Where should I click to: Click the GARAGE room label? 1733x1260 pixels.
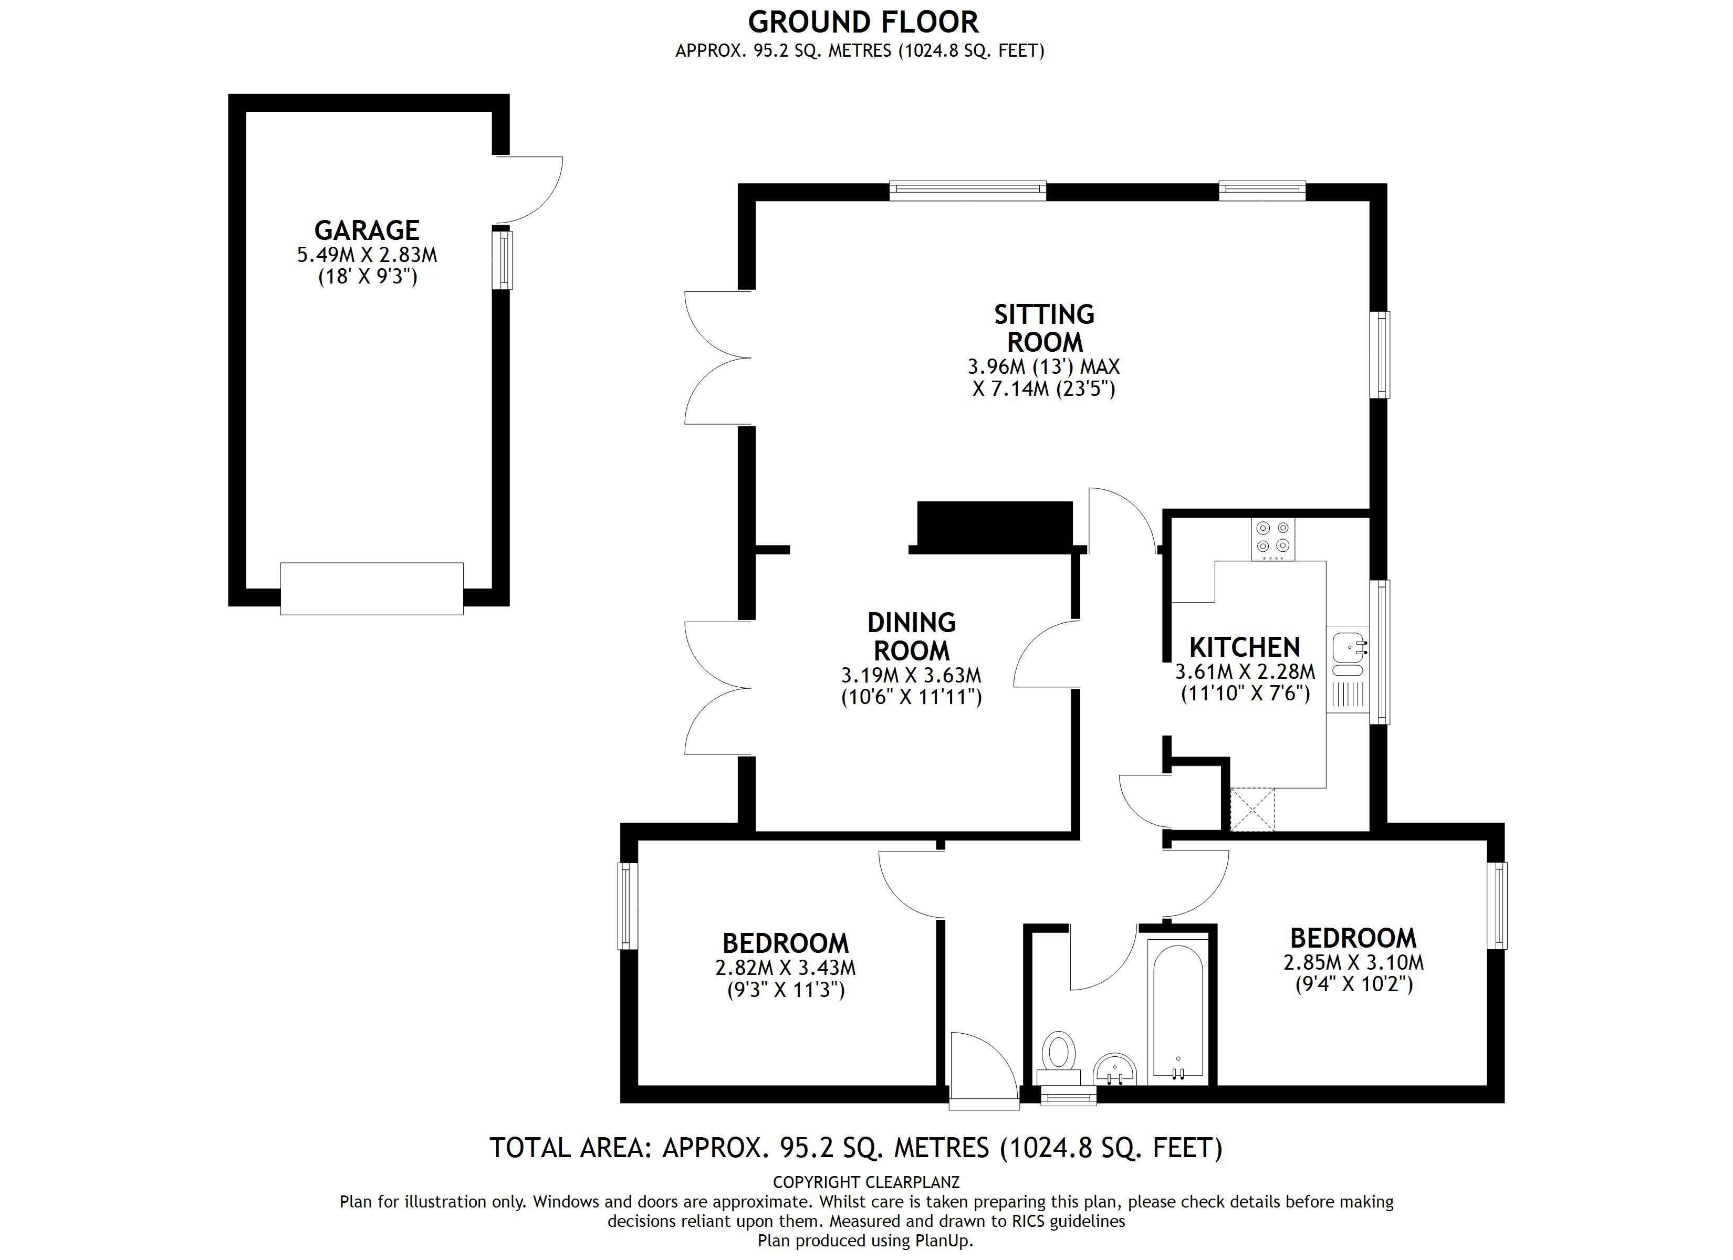(367, 230)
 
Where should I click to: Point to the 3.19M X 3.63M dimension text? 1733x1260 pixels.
(911, 676)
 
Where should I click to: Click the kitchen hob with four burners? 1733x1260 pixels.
(1273, 538)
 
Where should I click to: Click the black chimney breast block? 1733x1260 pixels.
(994, 526)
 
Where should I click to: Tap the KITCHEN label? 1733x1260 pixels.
(1245, 647)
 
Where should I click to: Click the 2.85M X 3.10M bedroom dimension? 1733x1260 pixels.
(1353, 963)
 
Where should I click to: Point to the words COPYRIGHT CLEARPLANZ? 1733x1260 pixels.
(866, 1182)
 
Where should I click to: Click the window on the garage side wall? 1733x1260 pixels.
(502, 260)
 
